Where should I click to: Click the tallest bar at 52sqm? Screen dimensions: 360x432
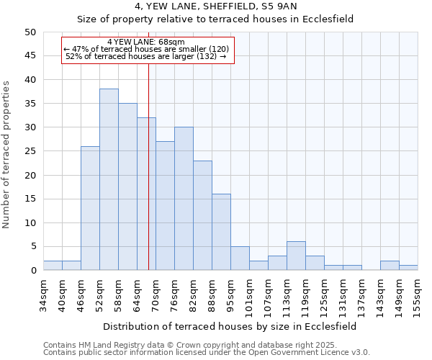pyautogui.click(x=109, y=179)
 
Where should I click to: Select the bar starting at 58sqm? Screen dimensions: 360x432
pyautogui.click(x=127, y=186)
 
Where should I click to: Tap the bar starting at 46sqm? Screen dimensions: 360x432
pyautogui.click(x=90, y=208)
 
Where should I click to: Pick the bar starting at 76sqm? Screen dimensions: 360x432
pyautogui.click(x=184, y=199)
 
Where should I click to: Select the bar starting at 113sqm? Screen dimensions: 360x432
pyautogui.click(x=296, y=256)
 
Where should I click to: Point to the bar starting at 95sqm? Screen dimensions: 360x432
pyautogui.click(x=240, y=258)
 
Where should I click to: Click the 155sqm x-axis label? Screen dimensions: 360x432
pyautogui.click(x=418, y=296)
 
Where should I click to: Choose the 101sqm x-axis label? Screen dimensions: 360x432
pyautogui.click(x=249, y=296)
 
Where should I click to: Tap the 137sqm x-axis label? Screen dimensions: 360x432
pyautogui.click(x=361, y=296)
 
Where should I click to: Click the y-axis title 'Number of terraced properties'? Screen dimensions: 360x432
pyautogui.click(x=6, y=154)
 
